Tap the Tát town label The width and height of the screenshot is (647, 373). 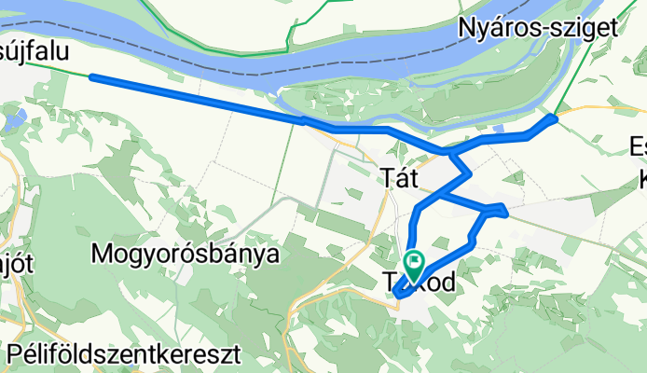[402, 176]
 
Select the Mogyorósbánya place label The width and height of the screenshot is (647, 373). [186, 253]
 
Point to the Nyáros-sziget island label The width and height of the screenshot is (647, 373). [538, 29]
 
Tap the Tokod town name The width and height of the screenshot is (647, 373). [419, 282]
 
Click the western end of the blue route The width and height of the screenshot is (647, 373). [91, 77]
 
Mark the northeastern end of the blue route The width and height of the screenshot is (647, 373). [555, 118]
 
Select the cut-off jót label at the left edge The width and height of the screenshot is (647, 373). [17, 264]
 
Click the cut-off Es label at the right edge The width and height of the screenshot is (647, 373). [638, 146]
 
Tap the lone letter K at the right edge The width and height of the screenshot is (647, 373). [641, 178]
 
